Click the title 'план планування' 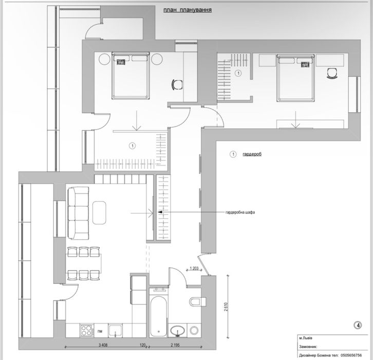(x=188, y=10)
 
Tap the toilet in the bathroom (x=197, y=302)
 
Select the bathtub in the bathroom (x=158, y=316)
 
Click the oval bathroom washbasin (x=177, y=330)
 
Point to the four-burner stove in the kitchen (x=87, y=330)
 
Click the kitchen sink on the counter (x=116, y=330)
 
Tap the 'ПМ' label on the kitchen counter (x=100, y=331)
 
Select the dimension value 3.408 (x=103, y=345)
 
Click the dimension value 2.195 (x=175, y=345)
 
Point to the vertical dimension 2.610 (x=226, y=307)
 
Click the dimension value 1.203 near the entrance (x=194, y=268)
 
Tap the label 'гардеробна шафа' (x=240, y=212)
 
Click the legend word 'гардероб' (x=252, y=154)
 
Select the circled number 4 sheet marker (x=358, y=325)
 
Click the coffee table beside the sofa (x=99, y=212)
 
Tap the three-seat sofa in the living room (x=78, y=212)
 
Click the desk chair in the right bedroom (x=332, y=73)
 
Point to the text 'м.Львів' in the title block (x=306, y=338)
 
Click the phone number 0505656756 (x=351, y=355)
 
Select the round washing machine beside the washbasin (x=194, y=331)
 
